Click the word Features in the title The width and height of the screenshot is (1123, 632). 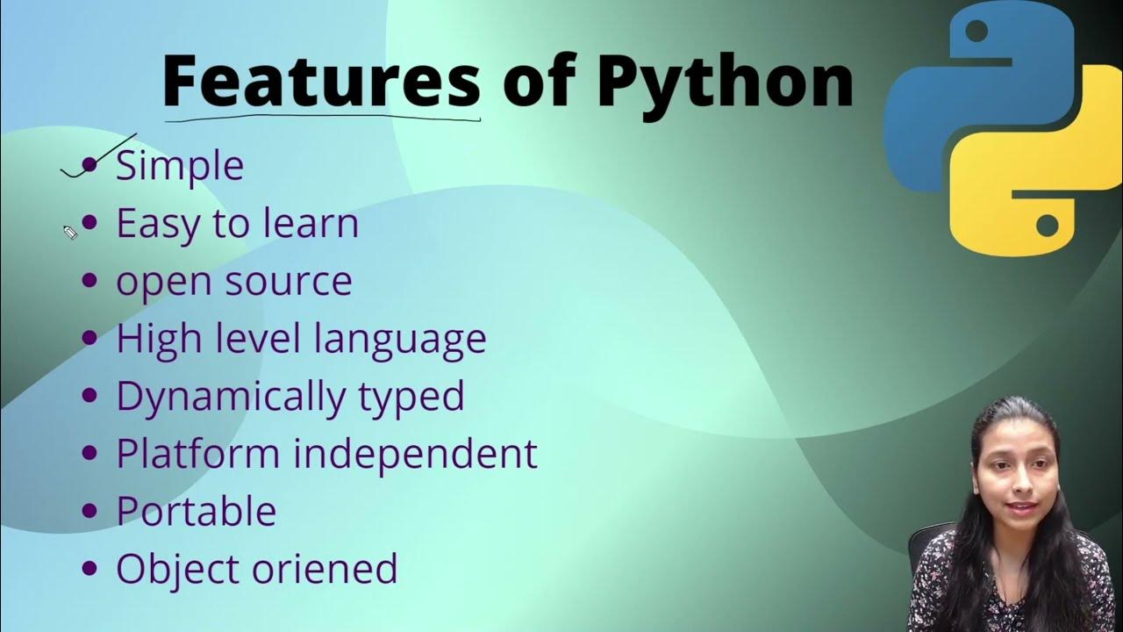(321, 81)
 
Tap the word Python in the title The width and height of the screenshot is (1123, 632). (725, 81)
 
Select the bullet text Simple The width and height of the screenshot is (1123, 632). (180, 165)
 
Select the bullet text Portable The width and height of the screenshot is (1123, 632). (196, 511)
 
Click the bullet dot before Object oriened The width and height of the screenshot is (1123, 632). (89, 568)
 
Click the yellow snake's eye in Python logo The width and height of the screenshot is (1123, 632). (1046, 226)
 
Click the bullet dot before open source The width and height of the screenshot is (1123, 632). (89, 281)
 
